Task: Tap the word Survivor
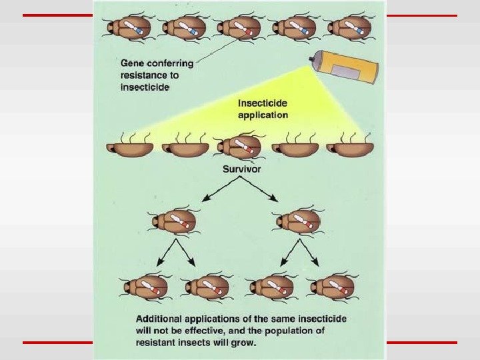pos(241,169)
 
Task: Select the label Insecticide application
pos(263,109)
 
